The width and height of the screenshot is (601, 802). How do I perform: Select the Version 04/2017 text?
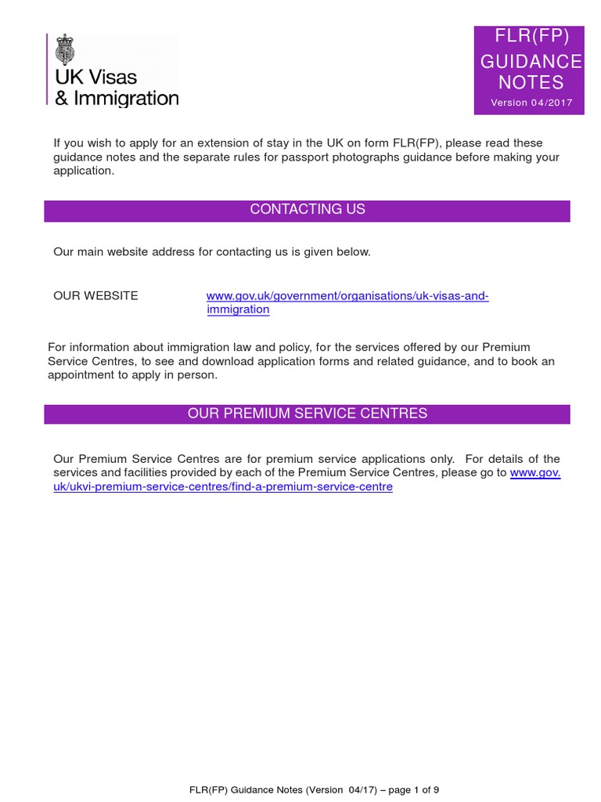pos(531,103)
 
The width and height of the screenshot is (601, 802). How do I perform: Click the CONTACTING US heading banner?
pos(307,210)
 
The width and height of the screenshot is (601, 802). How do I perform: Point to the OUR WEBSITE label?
pos(95,295)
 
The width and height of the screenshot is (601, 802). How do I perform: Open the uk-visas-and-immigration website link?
pos(347,296)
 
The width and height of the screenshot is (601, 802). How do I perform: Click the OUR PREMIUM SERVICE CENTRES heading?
pos(307,414)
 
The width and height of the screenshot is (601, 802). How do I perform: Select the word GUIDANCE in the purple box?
pos(531,62)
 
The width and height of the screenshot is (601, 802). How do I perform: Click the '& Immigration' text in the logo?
pos(116,98)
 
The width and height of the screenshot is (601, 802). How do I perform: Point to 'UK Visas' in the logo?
pos(96,77)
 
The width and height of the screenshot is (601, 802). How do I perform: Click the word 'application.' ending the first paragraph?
pos(84,171)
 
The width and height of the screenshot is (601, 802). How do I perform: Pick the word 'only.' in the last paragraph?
pos(439,458)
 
